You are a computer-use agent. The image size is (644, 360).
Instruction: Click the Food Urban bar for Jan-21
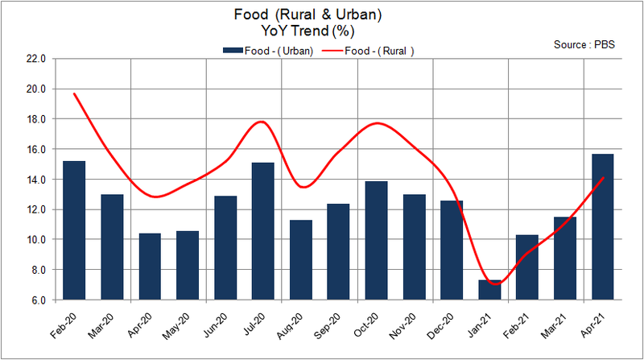tap(489, 290)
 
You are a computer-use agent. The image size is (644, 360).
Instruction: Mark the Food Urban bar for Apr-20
tap(150, 267)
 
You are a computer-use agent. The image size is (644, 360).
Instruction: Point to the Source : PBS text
tap(584, 44)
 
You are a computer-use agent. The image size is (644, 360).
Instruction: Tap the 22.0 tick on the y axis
tap(36, 59)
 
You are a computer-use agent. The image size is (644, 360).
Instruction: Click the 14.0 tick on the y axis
tap(36, 180)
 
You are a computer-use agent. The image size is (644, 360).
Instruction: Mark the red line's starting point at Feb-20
tap(74, 93)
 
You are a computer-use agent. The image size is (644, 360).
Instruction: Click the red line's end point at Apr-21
tap(603, 178)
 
